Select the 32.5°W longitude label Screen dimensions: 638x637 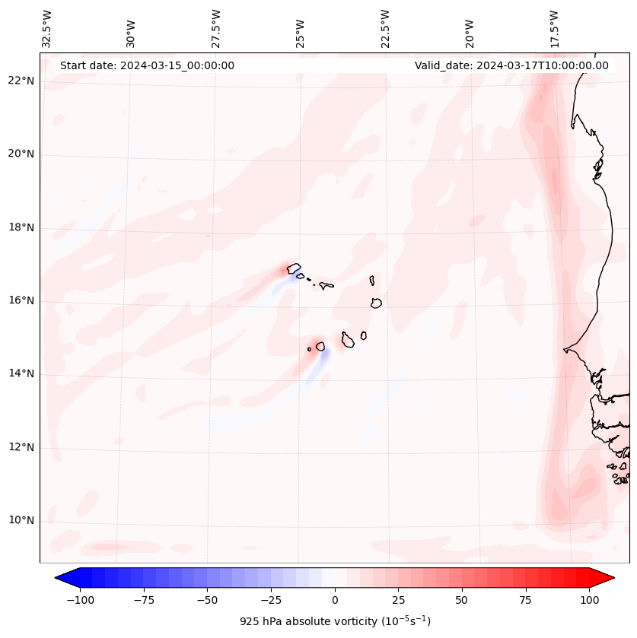[47, 29]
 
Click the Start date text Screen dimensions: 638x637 [147, 65]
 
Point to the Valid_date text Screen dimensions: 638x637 [511, 65]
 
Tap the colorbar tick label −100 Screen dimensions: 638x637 [81, 600]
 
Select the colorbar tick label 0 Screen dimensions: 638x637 [335, 600]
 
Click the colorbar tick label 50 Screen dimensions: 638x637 [462, 600]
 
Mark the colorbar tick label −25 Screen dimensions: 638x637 [271, 600]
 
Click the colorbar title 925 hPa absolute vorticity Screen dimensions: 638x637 [335, 621]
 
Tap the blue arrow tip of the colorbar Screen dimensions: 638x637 [59, 579]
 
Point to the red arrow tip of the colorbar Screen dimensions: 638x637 [610, 579]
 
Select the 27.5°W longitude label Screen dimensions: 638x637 [216, 29]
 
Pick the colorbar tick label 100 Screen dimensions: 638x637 [589, 600]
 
